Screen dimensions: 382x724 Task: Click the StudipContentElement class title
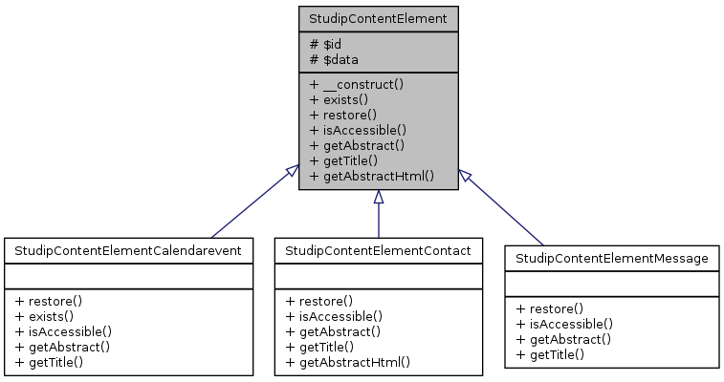tap(378, 18)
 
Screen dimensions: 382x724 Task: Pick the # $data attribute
tap(335, 59)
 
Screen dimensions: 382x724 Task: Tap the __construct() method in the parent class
tap(357, 84)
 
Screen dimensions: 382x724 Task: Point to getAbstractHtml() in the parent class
tap(372, 176)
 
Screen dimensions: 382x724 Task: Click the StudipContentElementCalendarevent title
tap(128, 251)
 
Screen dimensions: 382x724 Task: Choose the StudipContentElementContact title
tap(378, 251)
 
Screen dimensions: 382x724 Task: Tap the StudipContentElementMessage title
tap(611, 259)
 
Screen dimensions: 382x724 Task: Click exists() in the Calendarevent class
tap(45, 316)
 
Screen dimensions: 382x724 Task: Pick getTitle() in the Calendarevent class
tap(50, 362)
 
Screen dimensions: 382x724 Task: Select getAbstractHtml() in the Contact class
tap(348, 362)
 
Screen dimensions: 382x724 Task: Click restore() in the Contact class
tap(319, 301)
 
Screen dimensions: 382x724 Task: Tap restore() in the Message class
tap(550, 308)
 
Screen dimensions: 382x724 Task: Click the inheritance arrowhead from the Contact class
tap(379, 198)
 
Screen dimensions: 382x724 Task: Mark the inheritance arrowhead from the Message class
tap(464, 175)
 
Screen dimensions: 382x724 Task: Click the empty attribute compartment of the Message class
tap(611, 284)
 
